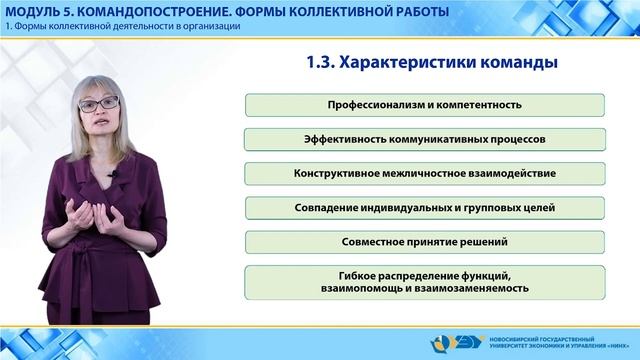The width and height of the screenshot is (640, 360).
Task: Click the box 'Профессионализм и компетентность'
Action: coord(424,105)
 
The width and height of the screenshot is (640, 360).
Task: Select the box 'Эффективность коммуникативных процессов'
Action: coord(424,139)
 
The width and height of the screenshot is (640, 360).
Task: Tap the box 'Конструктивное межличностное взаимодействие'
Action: coord(424,173)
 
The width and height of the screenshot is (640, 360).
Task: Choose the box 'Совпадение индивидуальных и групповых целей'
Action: coord(424,207)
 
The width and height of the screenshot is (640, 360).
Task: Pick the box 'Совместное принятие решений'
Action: coord(424,241)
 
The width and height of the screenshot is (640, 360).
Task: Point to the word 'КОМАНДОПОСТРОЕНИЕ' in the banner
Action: coord(143,11)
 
